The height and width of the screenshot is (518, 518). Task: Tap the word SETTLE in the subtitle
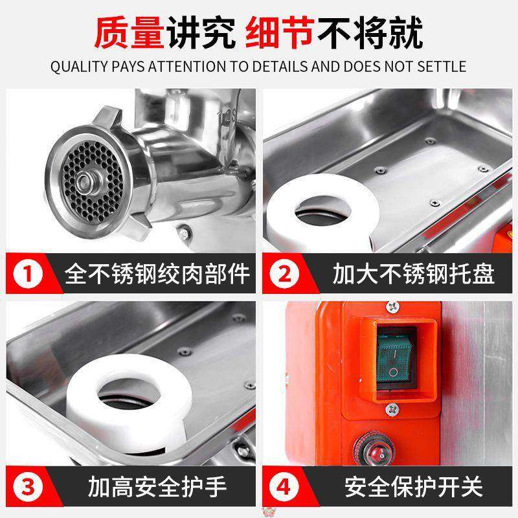(444, 67)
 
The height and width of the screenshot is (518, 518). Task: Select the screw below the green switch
(392, 409)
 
